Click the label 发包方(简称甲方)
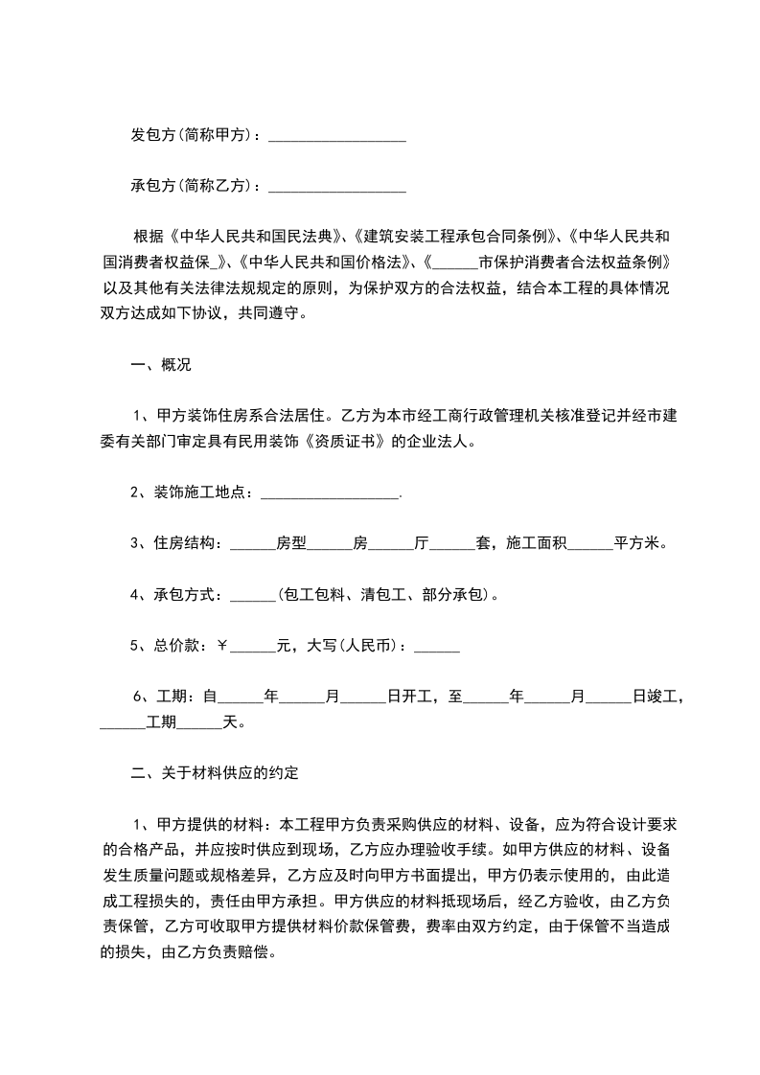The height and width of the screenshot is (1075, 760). click(x=195, y=135)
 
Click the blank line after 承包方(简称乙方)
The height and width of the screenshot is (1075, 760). click(x=337, y=185)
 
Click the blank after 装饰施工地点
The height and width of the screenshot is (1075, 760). click(x=330, y=492)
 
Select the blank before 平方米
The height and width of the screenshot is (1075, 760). click(x=590, y=543)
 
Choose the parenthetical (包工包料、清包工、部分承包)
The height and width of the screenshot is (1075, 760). click(x=383, y=595)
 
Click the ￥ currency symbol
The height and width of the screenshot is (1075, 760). click(x=221, y=646)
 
